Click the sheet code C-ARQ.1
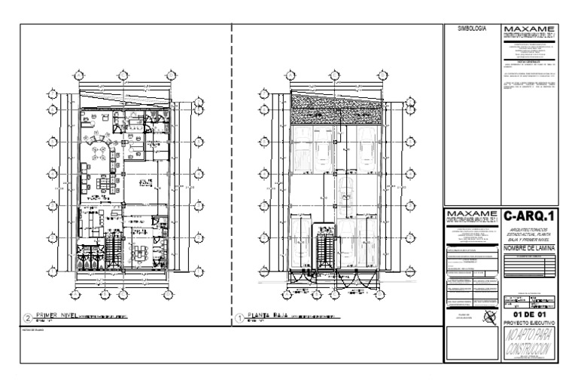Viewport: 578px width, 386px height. click(x=531, y=217)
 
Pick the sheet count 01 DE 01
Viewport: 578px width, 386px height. click(x=530, y=314)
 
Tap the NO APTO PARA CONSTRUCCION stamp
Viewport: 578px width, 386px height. click(x=530, y=343)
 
